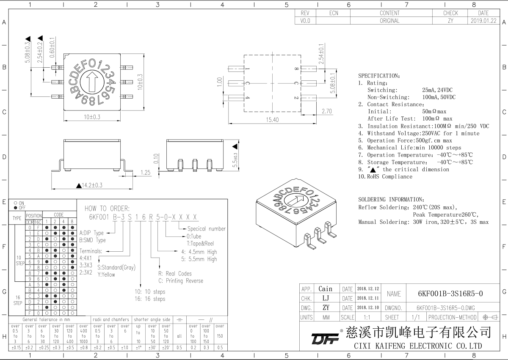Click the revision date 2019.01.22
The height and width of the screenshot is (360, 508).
(x=483, y=20)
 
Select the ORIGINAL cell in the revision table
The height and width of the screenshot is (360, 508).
(x=389, y=20)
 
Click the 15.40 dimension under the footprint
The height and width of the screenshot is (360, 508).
(x=272, y=120)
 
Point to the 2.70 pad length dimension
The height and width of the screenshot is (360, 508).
(x=326, y=111)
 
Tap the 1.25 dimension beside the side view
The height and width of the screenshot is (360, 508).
(x=146, y=172)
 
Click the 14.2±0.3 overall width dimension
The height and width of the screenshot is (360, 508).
(x=90, y=185)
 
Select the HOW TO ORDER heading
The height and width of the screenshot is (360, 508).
(x=108, y=209)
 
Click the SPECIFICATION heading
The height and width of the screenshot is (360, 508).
(x=379, y=76)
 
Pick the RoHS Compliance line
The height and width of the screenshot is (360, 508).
(x=385, y=176)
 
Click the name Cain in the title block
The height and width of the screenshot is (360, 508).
(x=325, y=289)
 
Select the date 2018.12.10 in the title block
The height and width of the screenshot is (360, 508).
(x=368, y=307)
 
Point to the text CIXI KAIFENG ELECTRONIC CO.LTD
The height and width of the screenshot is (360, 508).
(x=417, y=346)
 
